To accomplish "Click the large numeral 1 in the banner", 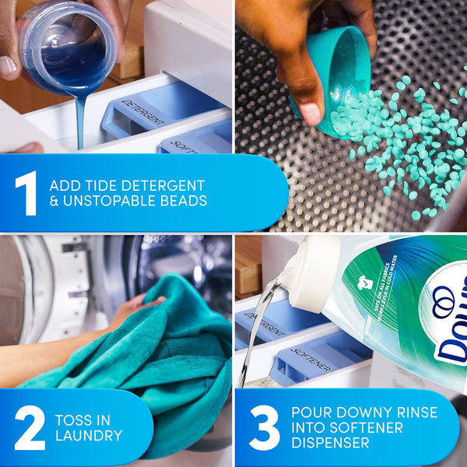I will point(25,193).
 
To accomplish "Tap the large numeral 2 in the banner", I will point(29,428).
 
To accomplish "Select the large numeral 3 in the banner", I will point(264,428).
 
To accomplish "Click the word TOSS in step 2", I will point(72,420).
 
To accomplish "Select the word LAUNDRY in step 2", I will point(88,436).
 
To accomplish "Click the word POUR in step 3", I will point(310,413).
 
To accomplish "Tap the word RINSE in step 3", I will point(413,413).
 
